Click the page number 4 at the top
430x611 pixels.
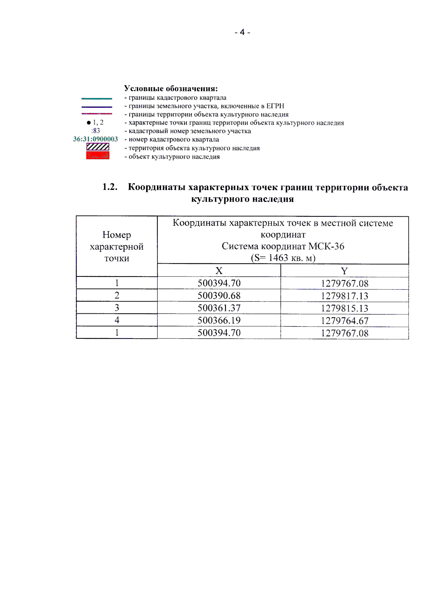[242, 32]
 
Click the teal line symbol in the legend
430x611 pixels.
[97, 98]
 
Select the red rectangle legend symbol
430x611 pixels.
[97, 155]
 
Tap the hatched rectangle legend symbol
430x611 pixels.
[97, 147]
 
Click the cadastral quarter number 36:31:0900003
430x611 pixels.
[95, 139]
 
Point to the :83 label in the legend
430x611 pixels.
[95, 131]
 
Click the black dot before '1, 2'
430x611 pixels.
[89, 122]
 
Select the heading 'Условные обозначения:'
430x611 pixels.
[171, 88]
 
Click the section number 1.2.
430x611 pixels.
[110, 187]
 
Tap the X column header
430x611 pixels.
[219, 271]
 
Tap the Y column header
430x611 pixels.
[344, 271]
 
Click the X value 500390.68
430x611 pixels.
[219, 296]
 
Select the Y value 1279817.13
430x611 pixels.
[344, 296]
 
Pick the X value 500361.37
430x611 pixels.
[219, 308]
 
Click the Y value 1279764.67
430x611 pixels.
[344, 321]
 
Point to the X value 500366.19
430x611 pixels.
[219, 321]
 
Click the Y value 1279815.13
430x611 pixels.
[344, 308]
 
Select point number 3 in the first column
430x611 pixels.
[117, 308]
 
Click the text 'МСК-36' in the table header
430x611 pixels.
[326, 246]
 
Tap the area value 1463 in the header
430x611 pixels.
[278, 258]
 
